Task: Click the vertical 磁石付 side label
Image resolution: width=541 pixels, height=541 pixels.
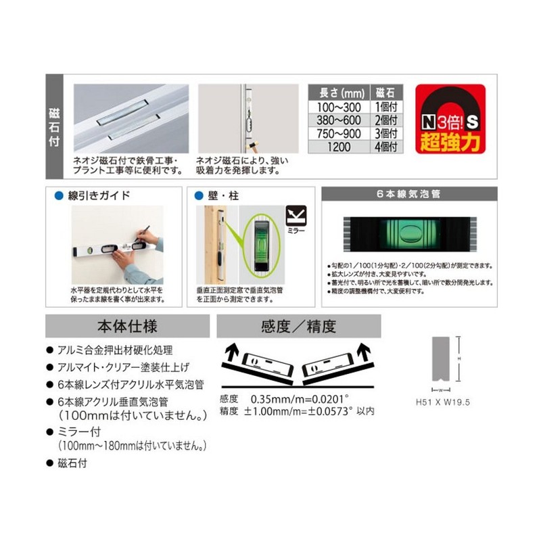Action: [55, 125]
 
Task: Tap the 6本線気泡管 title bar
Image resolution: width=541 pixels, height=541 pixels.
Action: [408, 193]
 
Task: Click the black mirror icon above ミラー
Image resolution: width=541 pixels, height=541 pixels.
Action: [295, 216]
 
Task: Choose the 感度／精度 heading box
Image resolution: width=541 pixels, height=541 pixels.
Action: [298, 327]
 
